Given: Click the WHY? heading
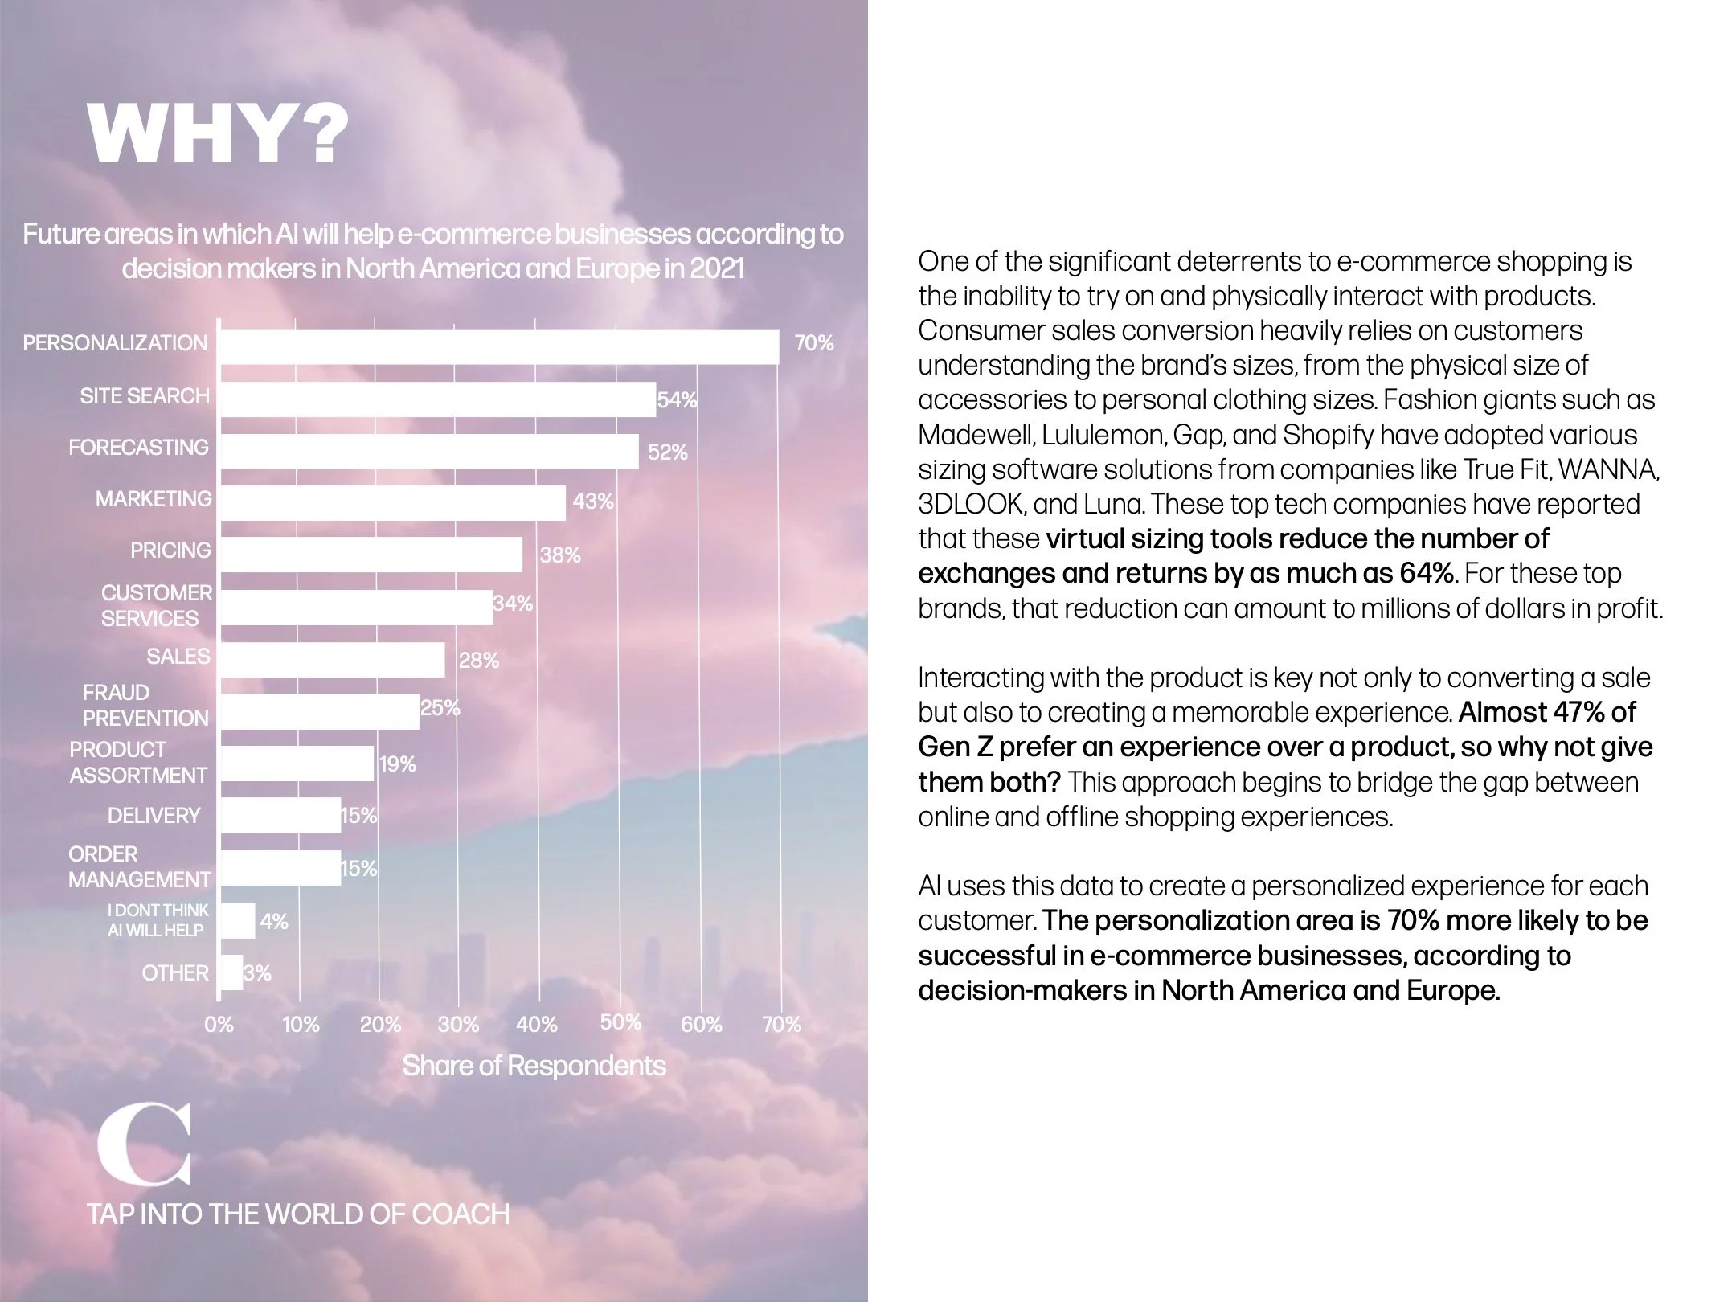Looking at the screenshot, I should pos(219,134).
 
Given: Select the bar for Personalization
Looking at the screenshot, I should pos(498,346).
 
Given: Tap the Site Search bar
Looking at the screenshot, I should pos(437,399).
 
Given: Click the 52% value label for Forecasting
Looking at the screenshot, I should pos(667,452).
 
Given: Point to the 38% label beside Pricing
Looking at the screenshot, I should pos(559,555).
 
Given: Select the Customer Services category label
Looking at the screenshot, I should pos(156,605).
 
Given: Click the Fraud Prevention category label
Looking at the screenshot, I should pos(145,705).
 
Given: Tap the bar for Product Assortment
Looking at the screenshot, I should pos(297,764).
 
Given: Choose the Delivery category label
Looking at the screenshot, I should pos(154,815).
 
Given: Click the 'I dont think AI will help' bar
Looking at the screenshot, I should pos(237,921).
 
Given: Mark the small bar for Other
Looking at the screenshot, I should pos(231,972).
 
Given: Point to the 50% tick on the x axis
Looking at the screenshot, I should pos(620,1022).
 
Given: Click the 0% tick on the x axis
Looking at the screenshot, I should pos(219,1025).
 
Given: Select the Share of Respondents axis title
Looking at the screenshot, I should pos(534,1066).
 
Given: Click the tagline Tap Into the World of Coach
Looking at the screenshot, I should pos(298,1214).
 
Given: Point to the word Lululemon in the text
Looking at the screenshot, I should pos(1104,435).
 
